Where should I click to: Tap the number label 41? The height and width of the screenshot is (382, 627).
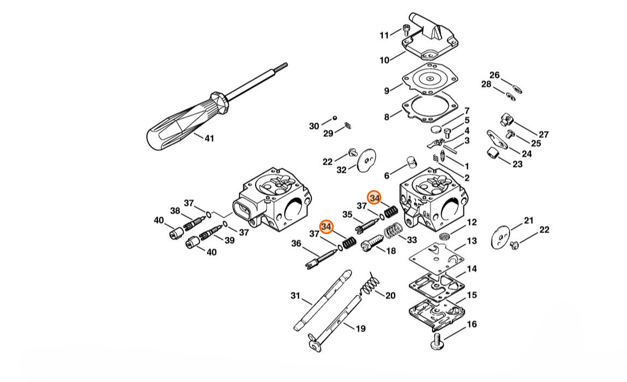coord(210,138)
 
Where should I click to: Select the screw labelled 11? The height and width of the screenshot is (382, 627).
coord(407,30)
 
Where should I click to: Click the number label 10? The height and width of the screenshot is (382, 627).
coord(384,60)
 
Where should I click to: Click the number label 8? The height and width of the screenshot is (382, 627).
coord(387,117)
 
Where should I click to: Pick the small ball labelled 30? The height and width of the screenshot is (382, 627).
coord(335,118)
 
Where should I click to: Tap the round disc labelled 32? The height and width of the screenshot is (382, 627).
coord(366,161)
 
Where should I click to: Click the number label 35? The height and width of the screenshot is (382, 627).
coord(347,215)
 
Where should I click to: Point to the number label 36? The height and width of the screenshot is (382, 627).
coord(296,243)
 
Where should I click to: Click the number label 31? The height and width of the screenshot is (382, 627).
coord(295,296)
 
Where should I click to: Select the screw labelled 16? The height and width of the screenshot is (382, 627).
coord(437,341)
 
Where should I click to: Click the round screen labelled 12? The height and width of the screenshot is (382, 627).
coord(444,236)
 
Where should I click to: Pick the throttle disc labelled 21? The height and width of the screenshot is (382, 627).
coord(501,237)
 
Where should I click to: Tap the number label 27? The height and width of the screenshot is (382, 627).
coord(544,134)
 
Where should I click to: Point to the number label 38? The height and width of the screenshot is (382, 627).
coord(175,211)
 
